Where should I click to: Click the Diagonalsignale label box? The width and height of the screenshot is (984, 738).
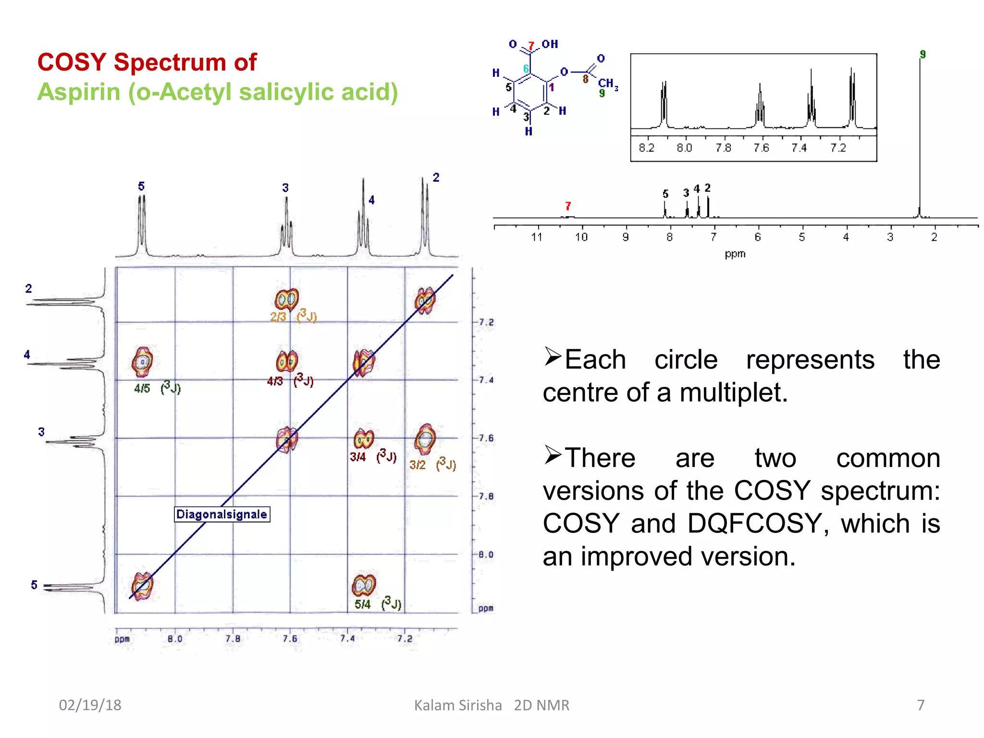(221, 514)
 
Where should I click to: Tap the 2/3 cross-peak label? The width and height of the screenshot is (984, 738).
(278, 317)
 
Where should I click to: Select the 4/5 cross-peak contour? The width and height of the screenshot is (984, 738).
(142, 362)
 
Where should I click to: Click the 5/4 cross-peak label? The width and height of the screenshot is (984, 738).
(363, 604)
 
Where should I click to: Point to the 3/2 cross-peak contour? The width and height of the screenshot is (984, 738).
(425, 439)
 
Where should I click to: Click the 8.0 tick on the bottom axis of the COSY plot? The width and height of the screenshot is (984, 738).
(175, 639)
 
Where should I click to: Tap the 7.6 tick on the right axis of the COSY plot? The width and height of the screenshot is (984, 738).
(486, 438)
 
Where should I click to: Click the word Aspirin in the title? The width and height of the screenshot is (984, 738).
(79, 92)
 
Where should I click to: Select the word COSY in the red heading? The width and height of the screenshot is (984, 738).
(72, 62)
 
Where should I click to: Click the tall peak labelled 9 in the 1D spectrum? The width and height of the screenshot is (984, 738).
(920, 144)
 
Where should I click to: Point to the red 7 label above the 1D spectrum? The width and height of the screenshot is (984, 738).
(568, 206)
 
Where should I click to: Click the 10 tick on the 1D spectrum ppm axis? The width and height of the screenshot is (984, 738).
(581, 237)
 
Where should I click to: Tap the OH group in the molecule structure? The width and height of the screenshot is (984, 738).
(550, 44)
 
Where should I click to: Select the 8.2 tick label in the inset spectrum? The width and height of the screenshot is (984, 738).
(646, 148)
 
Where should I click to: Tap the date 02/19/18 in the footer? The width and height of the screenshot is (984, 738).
(90, 705)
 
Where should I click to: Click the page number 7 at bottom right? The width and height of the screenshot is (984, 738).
(921, 705)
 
